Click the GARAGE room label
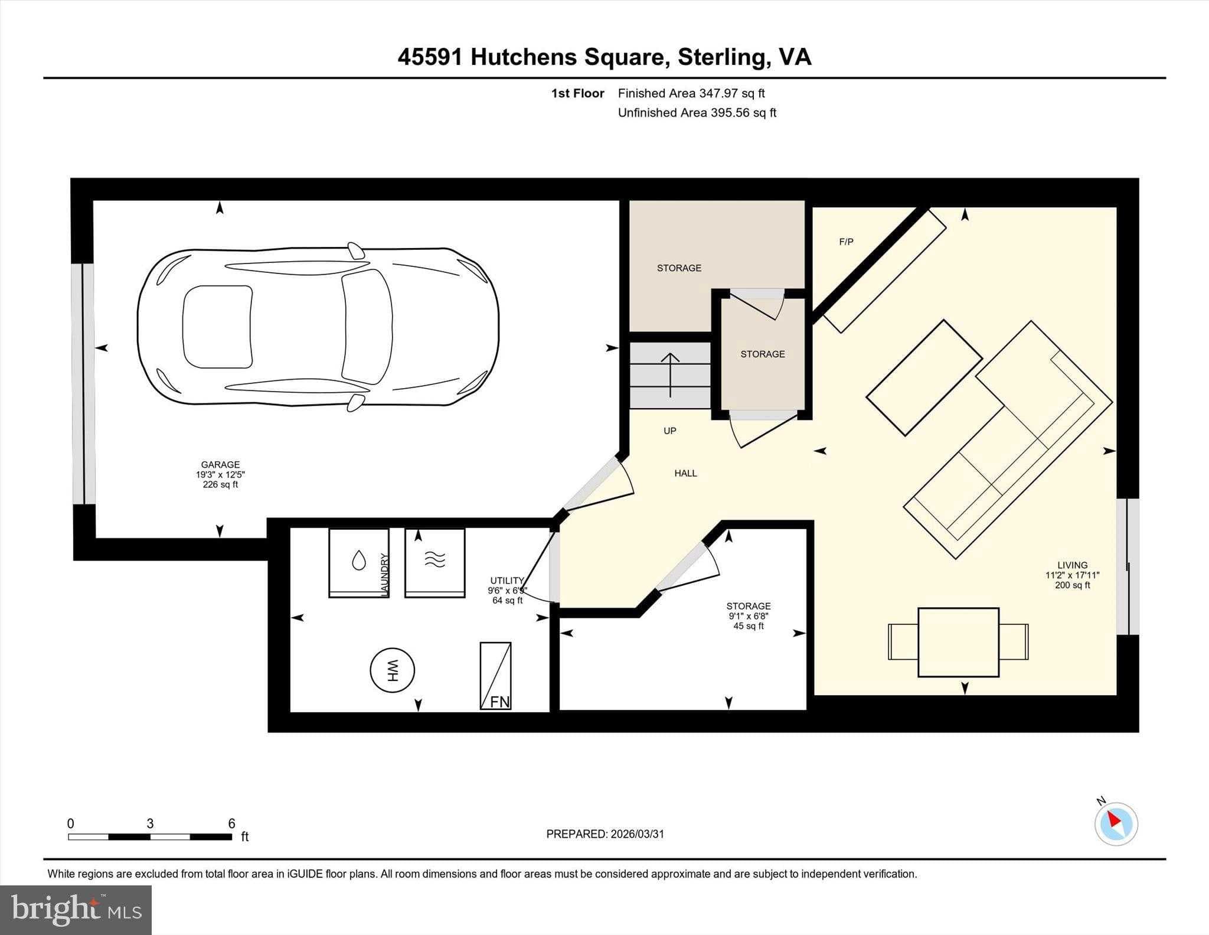point(220,465)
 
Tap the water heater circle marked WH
point(392,670)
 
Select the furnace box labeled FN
point(495,676)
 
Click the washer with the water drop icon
point(358,562)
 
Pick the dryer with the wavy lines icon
point(434,562)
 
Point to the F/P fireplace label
point(846,242)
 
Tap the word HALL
point(685,473)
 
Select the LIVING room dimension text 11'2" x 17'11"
point(1072,575)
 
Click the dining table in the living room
point(958,642)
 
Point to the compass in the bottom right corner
point(1116,824)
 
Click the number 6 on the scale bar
point(231,823)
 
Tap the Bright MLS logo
point(76,910)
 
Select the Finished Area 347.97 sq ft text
point(691,93)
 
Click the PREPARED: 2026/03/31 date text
point(605,834)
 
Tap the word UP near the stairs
point(669,431)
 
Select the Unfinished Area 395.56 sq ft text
point(697,113)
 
